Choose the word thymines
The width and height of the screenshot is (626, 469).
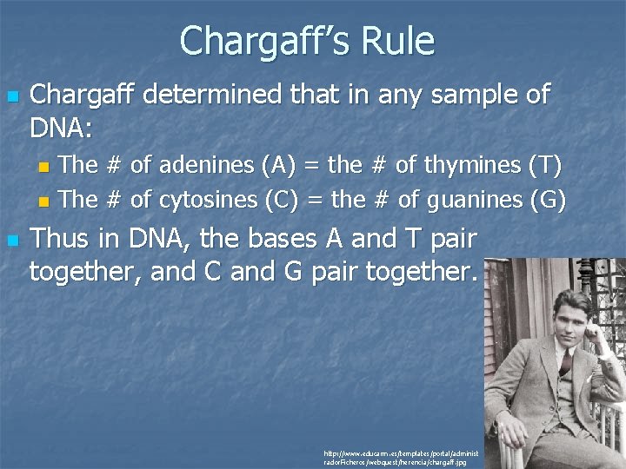point(470,164)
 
